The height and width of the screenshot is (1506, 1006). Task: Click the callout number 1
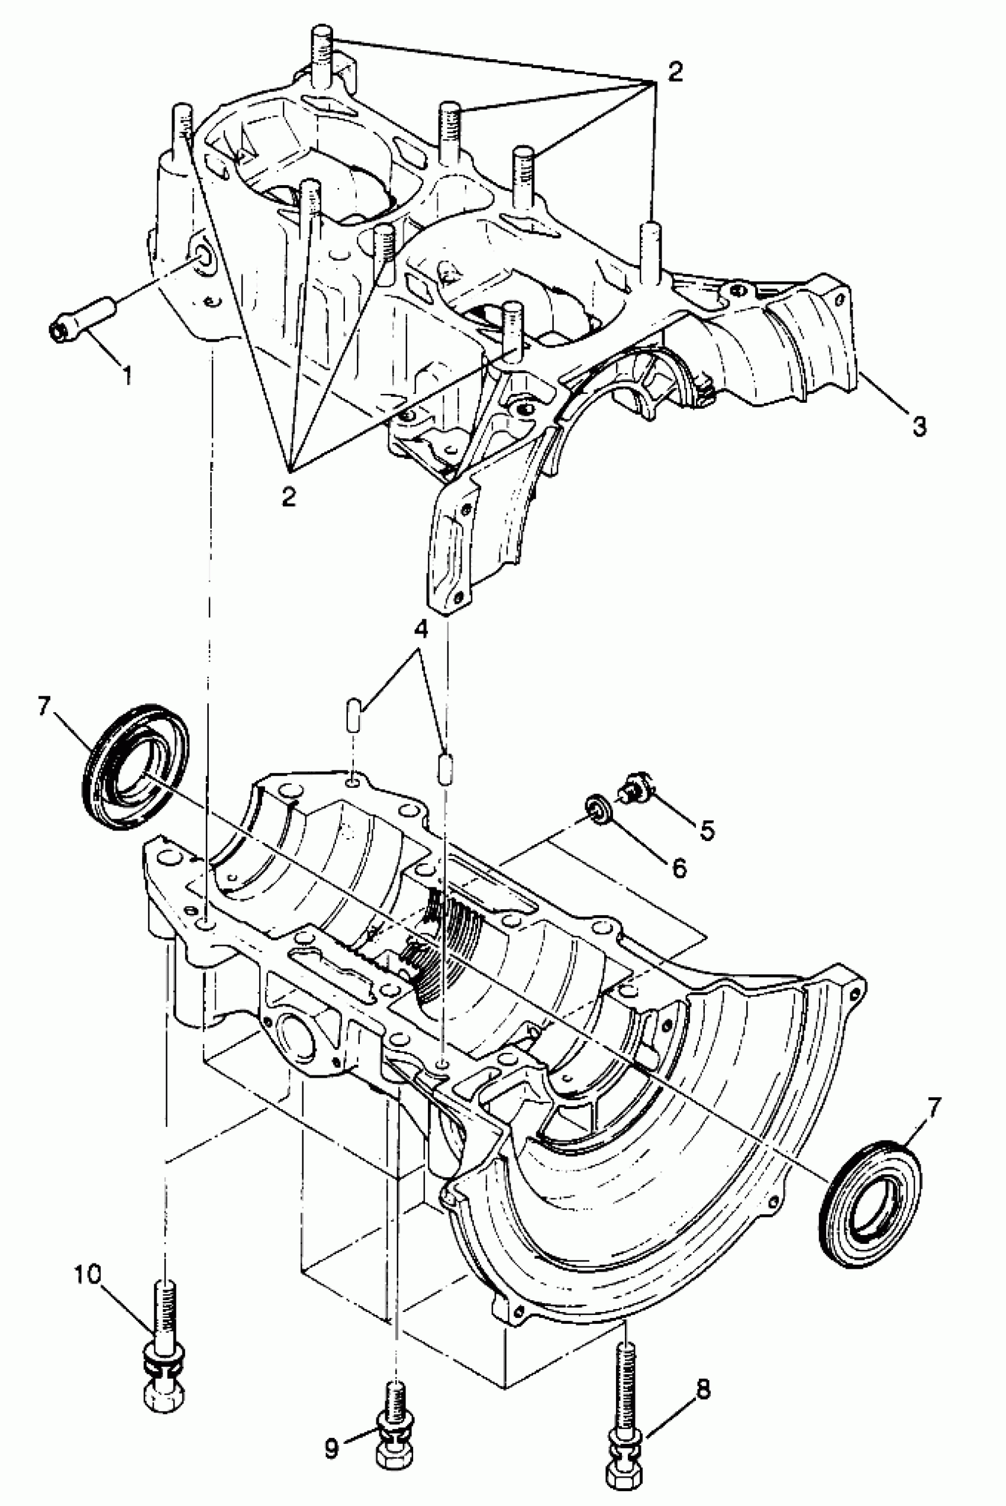pos(127,374)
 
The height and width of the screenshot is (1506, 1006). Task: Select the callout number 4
pos(421,629)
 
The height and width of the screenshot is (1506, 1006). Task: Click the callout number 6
pos(679,868)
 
